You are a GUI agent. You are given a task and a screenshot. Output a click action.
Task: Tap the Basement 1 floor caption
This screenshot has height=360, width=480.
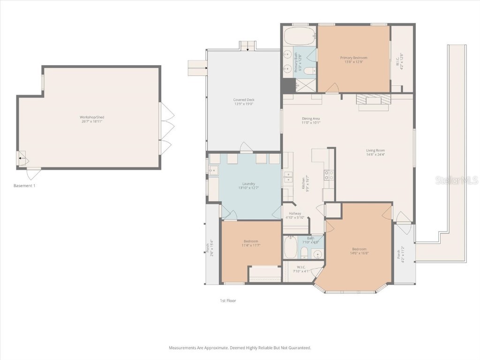pos(24,186)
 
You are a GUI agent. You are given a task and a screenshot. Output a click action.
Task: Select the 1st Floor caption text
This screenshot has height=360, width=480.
pos(228,300)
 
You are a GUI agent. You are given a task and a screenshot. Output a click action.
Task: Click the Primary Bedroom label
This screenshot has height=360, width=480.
pos(353,60)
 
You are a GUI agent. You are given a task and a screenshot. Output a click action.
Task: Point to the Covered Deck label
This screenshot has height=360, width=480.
pos(244,102)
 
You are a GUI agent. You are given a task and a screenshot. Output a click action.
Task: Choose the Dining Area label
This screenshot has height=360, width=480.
pos(311,120)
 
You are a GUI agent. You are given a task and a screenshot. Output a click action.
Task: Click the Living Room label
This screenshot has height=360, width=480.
pos(375,152)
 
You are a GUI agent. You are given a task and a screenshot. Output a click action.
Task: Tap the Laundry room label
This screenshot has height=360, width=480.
pos(248,186)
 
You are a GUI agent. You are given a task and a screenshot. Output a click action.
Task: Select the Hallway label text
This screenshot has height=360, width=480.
pos(295,215)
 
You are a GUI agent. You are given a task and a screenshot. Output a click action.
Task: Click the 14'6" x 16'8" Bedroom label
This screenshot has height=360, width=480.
pos(360,251)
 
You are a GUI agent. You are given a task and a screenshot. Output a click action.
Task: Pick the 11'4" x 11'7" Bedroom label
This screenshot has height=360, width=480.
pos(251,243)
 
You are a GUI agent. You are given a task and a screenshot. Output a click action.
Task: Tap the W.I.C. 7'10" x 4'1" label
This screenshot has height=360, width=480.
pos(301,269)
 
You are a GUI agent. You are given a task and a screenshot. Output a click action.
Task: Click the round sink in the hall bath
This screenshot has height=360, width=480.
pos(318,255)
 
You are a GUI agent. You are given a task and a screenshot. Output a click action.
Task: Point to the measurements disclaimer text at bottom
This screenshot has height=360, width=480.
pos(240,348)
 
